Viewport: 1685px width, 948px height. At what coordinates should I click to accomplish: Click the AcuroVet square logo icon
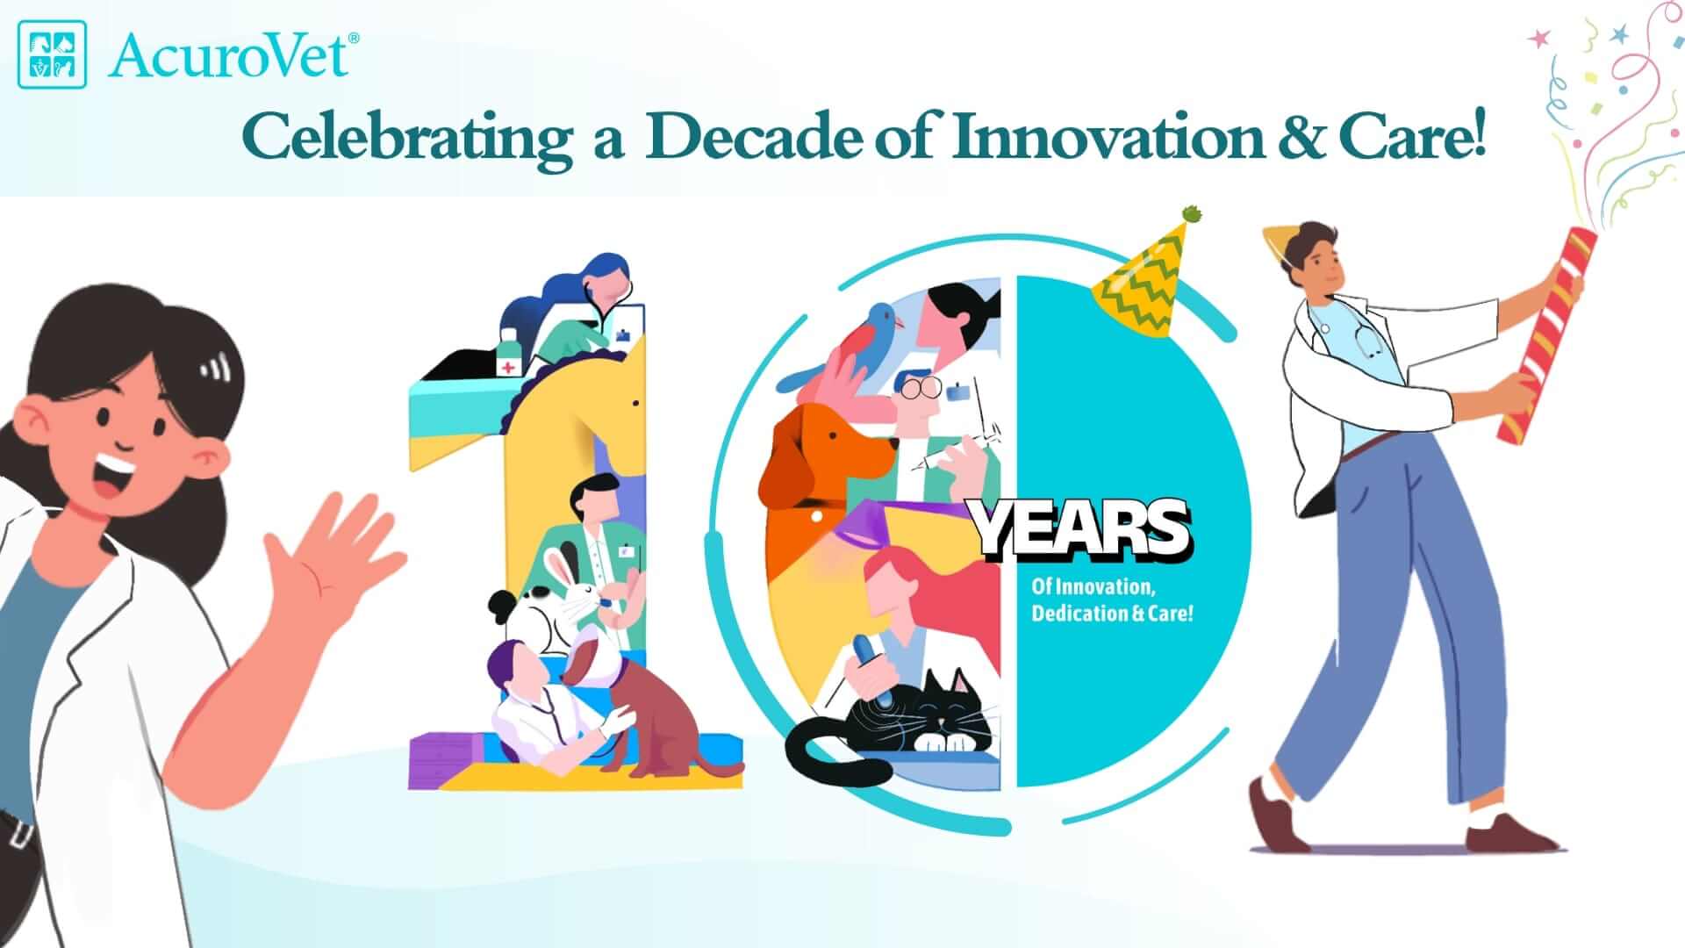(53, 54)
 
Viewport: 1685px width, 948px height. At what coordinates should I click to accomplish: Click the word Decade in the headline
(753, 139)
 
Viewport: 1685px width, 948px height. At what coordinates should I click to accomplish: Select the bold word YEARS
(1081, 529)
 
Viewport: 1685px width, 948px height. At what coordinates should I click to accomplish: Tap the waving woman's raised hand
(337, 552)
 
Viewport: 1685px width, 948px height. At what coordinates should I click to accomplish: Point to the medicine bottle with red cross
(508, 354)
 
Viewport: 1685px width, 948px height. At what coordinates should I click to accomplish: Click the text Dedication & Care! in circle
(1113, 613)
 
